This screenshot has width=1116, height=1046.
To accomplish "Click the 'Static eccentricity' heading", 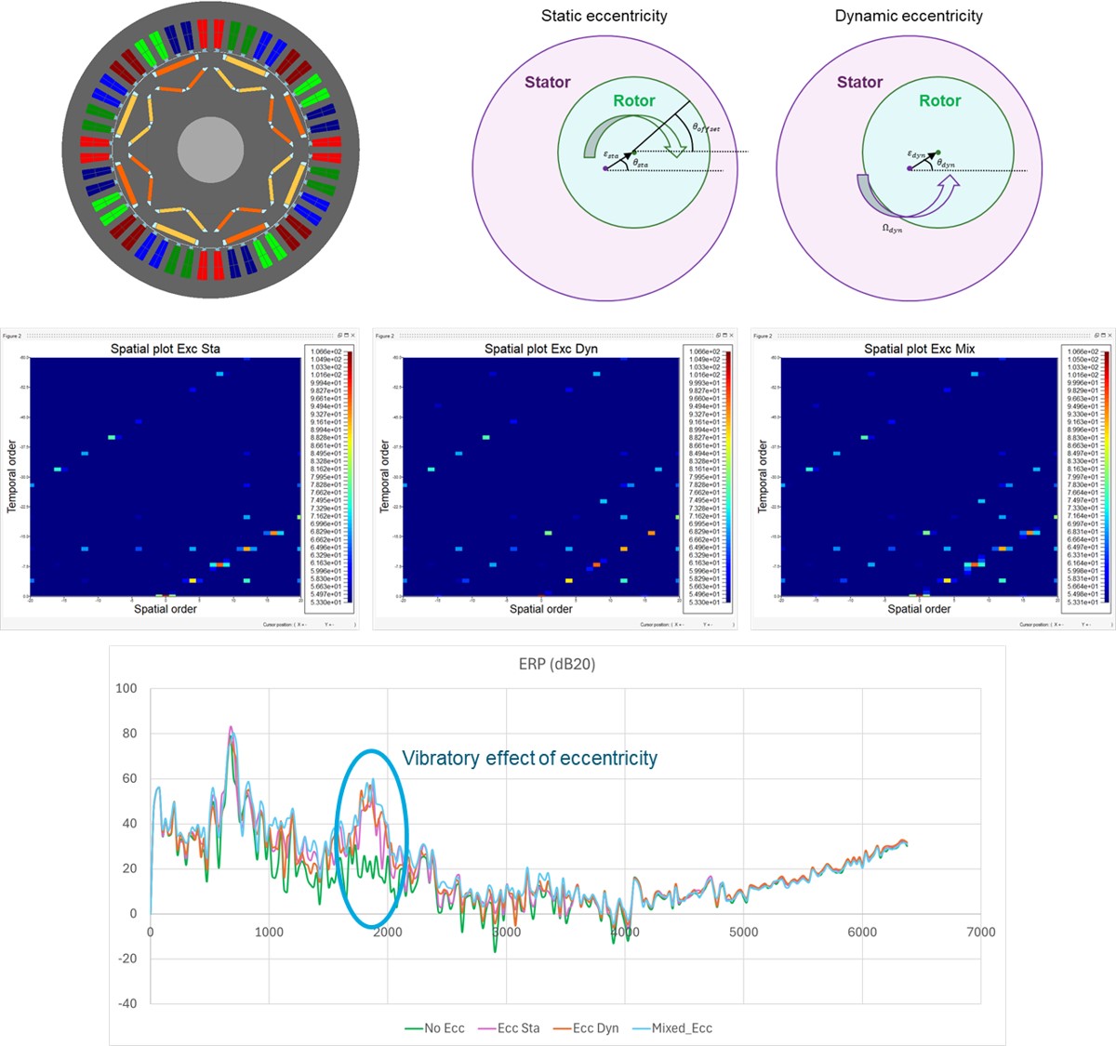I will tap(604, 16).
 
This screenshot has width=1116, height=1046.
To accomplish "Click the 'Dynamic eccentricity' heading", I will tap(909, 16).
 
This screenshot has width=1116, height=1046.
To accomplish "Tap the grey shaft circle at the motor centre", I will tap(210, 149).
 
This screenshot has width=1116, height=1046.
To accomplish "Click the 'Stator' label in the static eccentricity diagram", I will tap(547, 82).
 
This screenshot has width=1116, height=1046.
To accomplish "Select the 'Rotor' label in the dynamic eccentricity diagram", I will tap(939, 100).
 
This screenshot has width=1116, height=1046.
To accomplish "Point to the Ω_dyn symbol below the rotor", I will tap(891, 229).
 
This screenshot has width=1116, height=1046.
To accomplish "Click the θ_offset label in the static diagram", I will tap(706, 127).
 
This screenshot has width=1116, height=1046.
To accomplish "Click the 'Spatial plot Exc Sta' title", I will tap(166, 349).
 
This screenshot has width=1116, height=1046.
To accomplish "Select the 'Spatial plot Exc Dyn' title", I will tap(541, 349).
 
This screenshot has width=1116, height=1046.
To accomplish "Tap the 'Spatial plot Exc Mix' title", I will tap(919, 349).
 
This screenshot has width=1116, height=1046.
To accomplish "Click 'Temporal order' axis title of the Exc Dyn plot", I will tap(385, 476).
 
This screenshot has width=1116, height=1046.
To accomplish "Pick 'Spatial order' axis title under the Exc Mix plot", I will tap(919, 609).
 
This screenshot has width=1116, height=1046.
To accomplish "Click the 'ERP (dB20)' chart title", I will tap(556, 664).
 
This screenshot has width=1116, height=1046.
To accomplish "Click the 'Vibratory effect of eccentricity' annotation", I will tap(529, 759).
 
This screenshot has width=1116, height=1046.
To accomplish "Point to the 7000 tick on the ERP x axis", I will tap(980, 932).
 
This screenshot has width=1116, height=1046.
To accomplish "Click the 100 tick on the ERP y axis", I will tap(126, 688).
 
